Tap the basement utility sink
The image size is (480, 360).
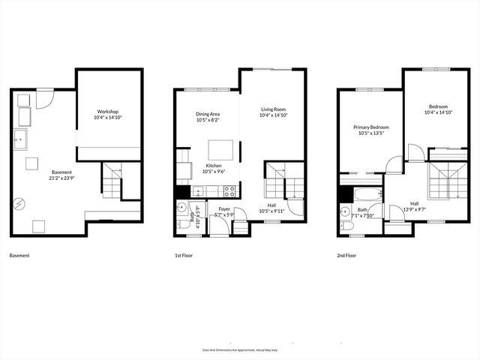[20, 139]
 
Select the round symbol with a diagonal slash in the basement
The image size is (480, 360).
[18, 202]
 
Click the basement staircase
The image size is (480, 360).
[112, 181]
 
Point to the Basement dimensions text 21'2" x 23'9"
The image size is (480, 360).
[41, 178]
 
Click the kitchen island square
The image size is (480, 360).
[219, 149]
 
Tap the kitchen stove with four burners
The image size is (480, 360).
[229, 190]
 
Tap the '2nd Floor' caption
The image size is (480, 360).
[346, 256]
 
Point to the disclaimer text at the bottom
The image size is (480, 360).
[239, 349]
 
